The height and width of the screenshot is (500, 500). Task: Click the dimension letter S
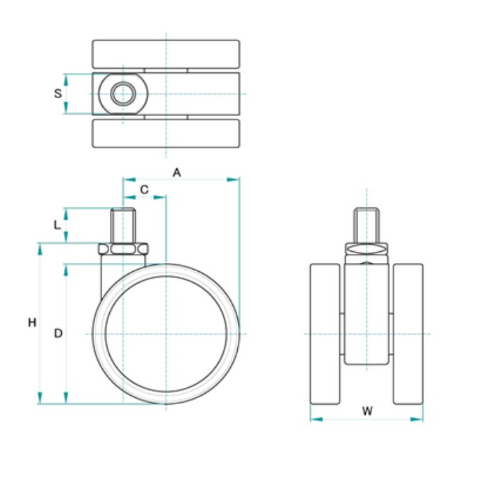(x=58, y=93)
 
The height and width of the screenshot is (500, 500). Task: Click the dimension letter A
(x=177, y=173)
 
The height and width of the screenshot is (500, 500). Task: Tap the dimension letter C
(x=144, y=190)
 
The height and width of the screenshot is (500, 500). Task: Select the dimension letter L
(x=57, y=225)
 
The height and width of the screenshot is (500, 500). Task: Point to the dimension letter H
(x=32, y=323)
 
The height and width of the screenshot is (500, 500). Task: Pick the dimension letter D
(x=58, y=333)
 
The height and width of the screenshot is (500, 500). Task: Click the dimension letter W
(x=367, y=411)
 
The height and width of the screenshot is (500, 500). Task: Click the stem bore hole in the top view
(x=123, y=94)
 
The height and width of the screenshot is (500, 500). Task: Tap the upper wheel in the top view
(x=166, y=54)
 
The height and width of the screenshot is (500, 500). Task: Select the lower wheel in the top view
(x=166, y=133)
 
